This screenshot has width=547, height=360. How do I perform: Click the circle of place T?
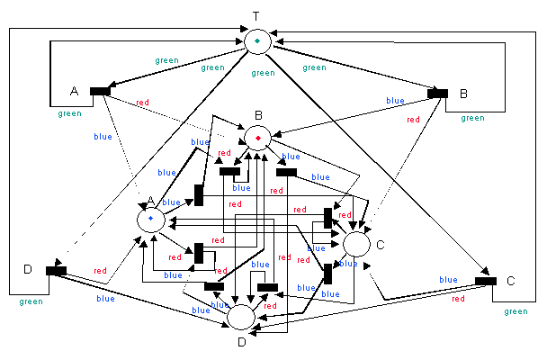257,41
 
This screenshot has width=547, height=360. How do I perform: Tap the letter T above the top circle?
256,17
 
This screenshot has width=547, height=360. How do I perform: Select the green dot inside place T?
257,41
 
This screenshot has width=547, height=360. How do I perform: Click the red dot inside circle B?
257,138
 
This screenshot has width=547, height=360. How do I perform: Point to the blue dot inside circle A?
150,218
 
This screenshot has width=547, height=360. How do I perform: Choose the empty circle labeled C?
356,243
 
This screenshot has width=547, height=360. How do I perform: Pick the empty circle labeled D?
241,317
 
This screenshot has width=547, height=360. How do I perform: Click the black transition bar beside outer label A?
100,90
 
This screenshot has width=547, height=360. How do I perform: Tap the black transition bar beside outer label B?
437,92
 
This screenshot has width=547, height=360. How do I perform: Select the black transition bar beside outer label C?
485,281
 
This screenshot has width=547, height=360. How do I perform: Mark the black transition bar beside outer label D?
56,269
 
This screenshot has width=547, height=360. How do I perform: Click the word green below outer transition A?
69,113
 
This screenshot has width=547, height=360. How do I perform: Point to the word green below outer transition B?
471,118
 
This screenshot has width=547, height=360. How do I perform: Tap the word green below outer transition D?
31,301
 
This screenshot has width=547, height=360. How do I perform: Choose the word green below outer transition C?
516,311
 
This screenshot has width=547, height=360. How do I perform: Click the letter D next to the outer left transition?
26,270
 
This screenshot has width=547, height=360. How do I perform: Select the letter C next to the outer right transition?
510,281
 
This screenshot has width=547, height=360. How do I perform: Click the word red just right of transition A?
142,103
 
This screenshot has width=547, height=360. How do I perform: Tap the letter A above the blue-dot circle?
150,200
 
